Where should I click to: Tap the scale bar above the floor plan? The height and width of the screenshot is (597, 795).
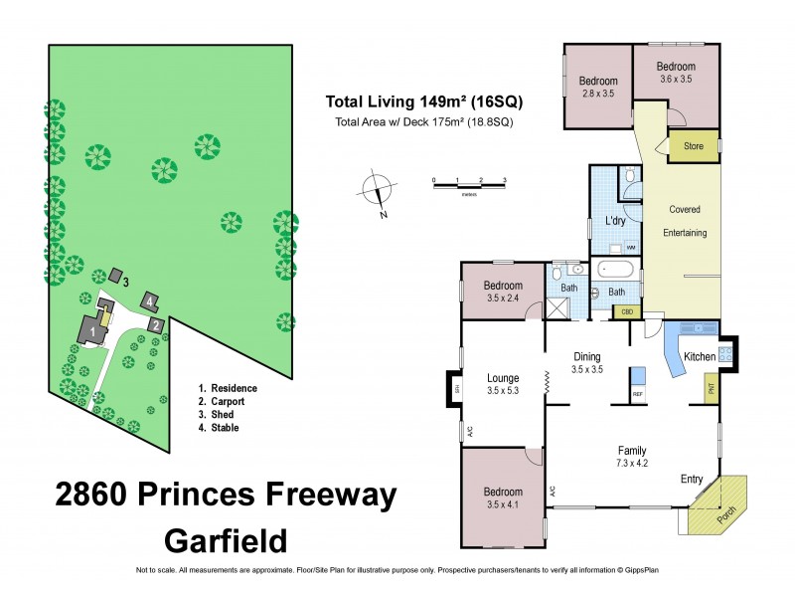pos(469,181)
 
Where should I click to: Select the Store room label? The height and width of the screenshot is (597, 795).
pos(694,147)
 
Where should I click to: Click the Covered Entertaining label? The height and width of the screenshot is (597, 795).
pos(685,221)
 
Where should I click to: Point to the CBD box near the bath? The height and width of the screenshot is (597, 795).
pos(626,311)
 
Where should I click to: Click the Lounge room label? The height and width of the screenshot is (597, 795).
pos(502,377)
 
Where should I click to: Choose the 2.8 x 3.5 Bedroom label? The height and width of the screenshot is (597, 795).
pos(598,87)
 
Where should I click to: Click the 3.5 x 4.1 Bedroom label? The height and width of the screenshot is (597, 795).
pos(503,497)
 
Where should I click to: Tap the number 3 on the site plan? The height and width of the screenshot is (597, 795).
pos(126,282)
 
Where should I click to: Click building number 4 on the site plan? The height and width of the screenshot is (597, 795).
pos(149,300)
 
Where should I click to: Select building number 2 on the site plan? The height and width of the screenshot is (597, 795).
pos(156,324)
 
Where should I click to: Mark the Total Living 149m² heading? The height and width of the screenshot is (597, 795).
pos(424,101)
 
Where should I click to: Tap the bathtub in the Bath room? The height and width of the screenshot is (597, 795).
pos(617,269)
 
